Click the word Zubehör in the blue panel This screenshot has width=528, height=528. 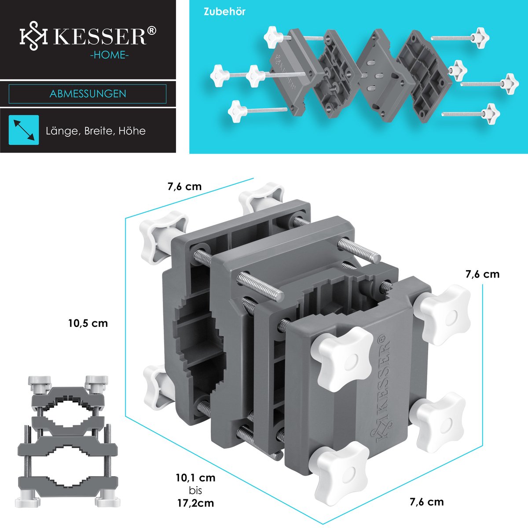(x=224, y=12)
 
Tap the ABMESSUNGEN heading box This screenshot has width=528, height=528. (x=88, y=94)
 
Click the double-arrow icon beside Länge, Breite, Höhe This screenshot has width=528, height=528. (x=24, y=130)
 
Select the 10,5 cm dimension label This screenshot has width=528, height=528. (x=88, y=323)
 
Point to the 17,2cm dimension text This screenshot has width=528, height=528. (x=195, y=503)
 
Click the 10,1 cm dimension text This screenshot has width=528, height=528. (x=195, y=478)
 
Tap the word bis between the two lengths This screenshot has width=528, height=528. (x=195, y=491)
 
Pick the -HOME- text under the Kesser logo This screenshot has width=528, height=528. (x=109, y=55)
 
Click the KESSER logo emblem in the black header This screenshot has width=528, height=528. (x=33, y=36)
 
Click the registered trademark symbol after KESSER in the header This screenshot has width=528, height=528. (x=152, y=31)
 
